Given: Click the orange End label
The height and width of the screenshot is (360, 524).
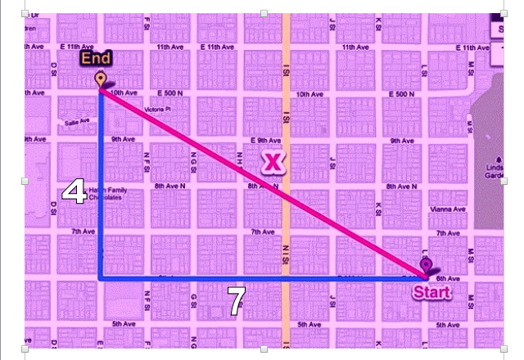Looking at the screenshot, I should tap(96, 59).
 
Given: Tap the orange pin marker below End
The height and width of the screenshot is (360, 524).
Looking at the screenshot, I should tap(101, 79).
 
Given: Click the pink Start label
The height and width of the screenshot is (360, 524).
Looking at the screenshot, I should tap(431, 292).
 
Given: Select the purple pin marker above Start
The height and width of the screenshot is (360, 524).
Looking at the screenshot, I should tap(426, 265).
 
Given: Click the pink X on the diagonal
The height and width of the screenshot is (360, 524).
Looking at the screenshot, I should tap(273, 162).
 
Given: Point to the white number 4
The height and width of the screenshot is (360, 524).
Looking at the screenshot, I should tap(75, 192).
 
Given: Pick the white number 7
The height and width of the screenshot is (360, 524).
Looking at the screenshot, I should tap(236, 303).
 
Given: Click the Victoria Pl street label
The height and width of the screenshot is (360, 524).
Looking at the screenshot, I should tap(156, 109).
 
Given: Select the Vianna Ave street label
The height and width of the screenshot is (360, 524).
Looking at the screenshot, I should tap(447, 209).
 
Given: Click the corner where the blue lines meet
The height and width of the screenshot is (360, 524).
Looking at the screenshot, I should tap(101, 279).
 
